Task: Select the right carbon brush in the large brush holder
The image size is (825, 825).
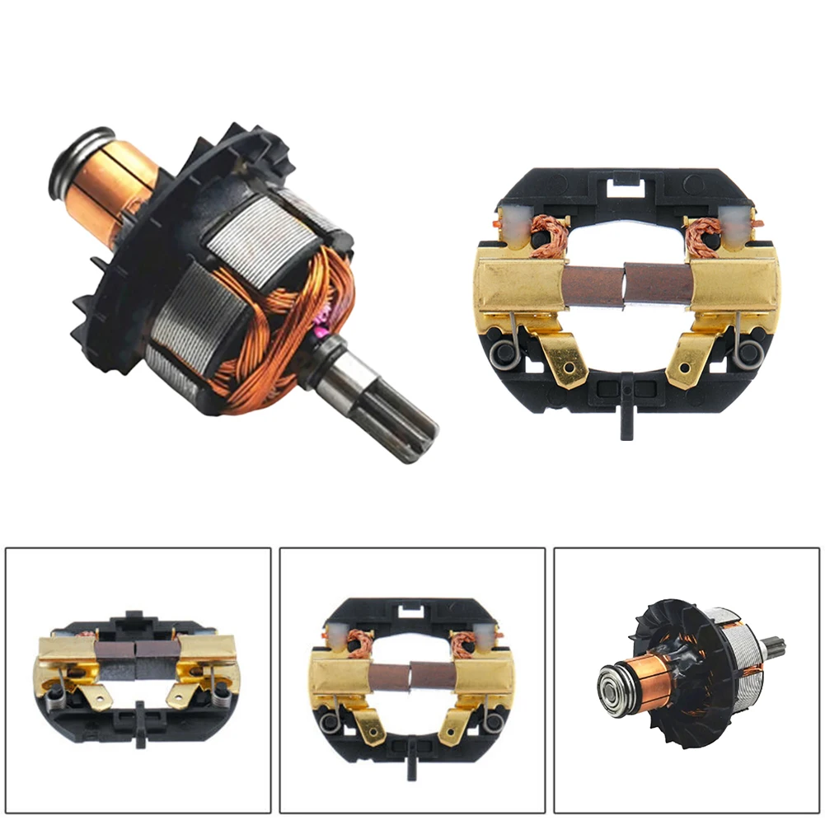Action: coord(658,282)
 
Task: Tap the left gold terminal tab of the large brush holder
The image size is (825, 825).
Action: coord(567,359)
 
